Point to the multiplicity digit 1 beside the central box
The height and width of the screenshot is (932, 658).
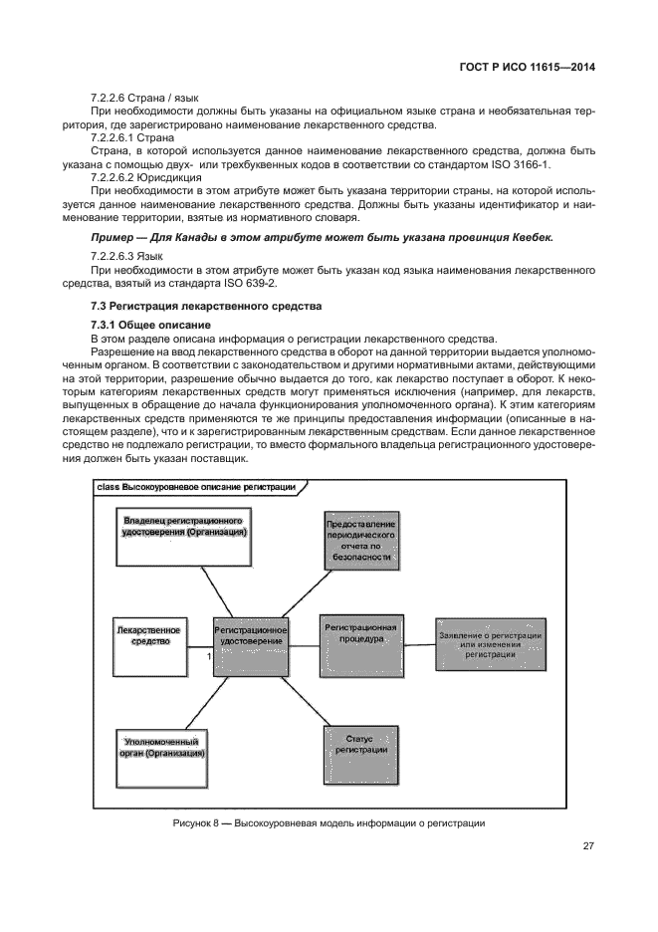click(208, 658)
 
